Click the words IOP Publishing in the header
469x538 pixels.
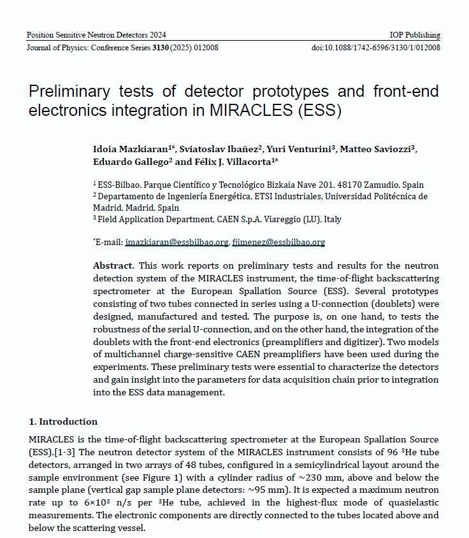(414, 35)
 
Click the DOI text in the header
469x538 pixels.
(376, 48)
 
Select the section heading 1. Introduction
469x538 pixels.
(64, 421)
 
